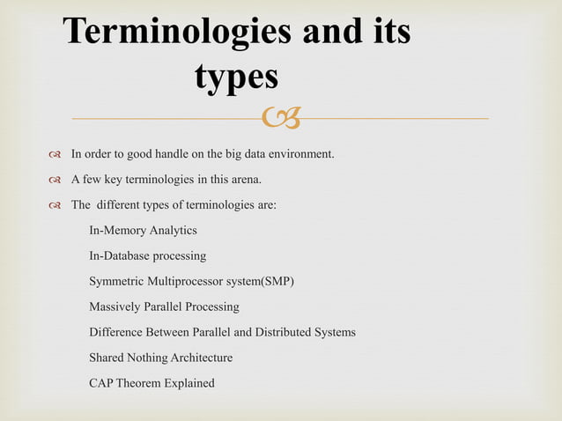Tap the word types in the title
(235, 78)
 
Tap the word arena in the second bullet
(246, 181)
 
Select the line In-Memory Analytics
(143, 231)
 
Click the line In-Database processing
(147, 256)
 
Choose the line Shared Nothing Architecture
(160, 358)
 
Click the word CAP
(102, 383)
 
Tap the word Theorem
(144, 383)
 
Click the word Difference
(118, 333)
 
